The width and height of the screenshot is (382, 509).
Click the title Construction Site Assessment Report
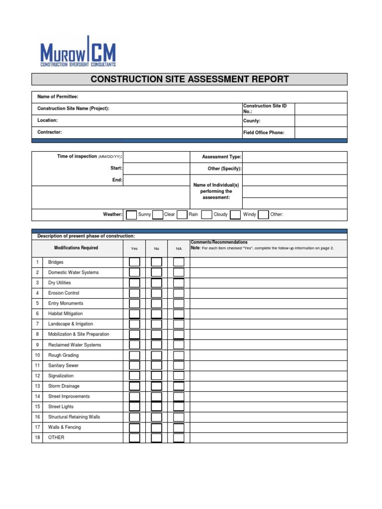(x=190, y=79)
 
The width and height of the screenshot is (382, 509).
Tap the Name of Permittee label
(x=58, y=96)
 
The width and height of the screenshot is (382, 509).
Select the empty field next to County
(x=321, y=121)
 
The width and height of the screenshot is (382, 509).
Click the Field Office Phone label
(x=264, y=133)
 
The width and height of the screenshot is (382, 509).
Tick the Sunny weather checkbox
(x=131, y=215)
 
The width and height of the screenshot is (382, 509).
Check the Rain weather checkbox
(x=182, y=215)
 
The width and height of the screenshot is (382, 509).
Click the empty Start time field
(x=156, y=169)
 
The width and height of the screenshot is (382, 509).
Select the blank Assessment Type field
(x=294, y=157)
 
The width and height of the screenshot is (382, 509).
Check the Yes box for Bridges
(x=134, y=262)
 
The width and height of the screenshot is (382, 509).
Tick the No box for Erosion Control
(x=157, y=293)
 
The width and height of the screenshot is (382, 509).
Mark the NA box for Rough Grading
(x=179, y=355)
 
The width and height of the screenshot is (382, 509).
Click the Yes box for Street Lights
(x=134, y=407)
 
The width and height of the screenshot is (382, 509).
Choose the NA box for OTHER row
(x=179, y=438)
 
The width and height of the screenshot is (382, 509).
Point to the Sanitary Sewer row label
(x=63, y=365)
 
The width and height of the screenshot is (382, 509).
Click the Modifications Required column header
(x=76, y=248)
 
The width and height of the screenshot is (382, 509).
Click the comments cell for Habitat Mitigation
(x=268, y=314)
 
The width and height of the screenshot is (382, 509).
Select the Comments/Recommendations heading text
(x=219, y=243)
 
